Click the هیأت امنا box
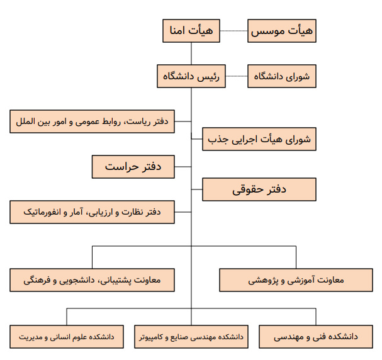[191, 31]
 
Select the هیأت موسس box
[282, 31]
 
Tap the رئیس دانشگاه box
[191, 76]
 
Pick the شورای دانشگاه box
[282, 76]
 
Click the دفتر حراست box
[133, 167]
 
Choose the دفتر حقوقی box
[259, 189]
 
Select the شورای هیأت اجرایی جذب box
[259, 139]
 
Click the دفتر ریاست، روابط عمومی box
[92, 121]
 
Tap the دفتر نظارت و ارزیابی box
[92, 212]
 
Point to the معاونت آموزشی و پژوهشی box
[296, 280]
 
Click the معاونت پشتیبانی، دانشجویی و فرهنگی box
[92, 280]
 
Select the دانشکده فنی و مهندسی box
[316, 337]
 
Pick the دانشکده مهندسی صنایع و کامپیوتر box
[191, 337]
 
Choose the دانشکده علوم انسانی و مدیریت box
[67, 337]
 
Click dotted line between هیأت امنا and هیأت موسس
[234, 31]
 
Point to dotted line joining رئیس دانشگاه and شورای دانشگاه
[237, 76]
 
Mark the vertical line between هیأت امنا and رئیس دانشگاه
[191, 53]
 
